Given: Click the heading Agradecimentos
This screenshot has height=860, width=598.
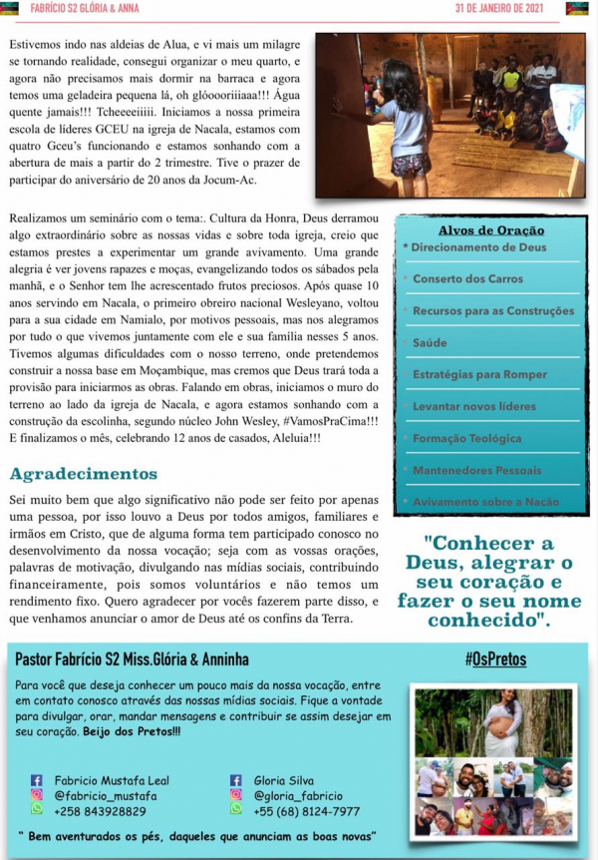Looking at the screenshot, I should click(x=84, y=474).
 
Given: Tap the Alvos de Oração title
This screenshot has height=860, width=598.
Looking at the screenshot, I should click(x=486, y=230).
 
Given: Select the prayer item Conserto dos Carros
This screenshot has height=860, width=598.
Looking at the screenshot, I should click(x=467, y=278).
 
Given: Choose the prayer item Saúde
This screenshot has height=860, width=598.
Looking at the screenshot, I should click(x=430, y=342).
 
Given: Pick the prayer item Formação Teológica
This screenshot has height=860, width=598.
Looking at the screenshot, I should click(x=466, y=438).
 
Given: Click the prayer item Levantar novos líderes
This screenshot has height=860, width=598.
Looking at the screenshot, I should click(x=473, y=406).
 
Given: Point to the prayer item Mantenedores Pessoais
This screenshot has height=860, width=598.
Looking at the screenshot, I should click(x=476, y=470).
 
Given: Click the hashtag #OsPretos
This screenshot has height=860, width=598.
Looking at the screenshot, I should click(x=495, y=659).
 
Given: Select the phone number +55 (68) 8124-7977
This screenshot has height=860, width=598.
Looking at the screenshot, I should click(x=307, y=810).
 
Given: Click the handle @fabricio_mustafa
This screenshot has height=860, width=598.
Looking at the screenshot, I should click(x=106, y=795).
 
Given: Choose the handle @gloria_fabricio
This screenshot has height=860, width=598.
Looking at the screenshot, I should click(x=298, y=795).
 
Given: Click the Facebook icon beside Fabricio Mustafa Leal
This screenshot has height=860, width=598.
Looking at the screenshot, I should click(x=37, y=780).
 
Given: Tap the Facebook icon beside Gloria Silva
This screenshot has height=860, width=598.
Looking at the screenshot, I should click(x=236, y=780).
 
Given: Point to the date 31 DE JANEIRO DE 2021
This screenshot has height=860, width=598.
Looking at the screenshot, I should click(x=512, y=9).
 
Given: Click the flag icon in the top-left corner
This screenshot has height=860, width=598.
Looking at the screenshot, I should click(x=11, y=9).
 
